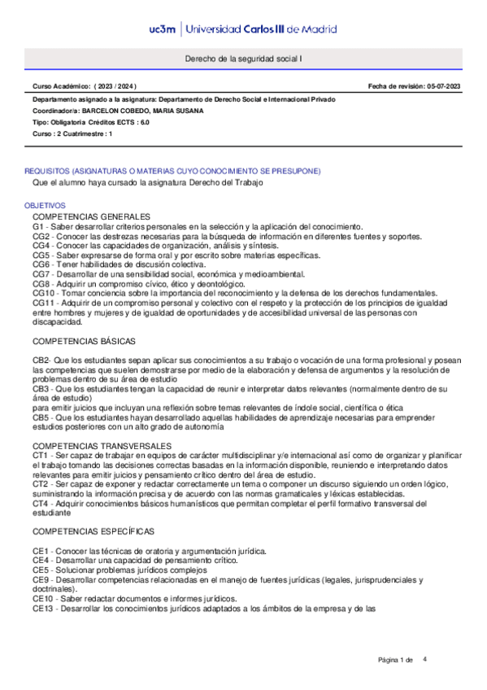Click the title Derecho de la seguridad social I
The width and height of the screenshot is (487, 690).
[243, 59]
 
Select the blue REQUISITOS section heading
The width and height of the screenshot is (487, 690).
[172, 171]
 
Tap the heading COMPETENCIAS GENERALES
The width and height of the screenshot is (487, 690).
[92, 216]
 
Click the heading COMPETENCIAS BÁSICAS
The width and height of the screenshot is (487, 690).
[84, 340]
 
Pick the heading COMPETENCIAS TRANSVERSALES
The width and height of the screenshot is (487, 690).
[102, 447]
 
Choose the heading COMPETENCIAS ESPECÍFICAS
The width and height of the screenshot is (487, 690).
[93, 531]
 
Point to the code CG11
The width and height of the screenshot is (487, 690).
[44, 303]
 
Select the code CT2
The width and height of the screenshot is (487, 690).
[41, 483]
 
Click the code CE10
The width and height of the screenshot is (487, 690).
[43, 598]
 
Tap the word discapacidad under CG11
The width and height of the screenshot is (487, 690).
[58, 321]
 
